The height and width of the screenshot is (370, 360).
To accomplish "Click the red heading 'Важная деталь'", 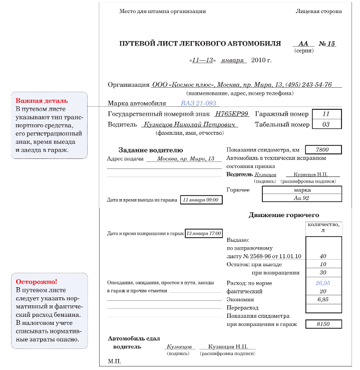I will pos(42,101).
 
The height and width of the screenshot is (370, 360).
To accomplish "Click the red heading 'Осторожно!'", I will pos(37,282).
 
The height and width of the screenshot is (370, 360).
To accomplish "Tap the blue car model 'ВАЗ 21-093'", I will pos(198,103).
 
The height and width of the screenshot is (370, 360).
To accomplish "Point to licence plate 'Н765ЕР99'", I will pos(228,114).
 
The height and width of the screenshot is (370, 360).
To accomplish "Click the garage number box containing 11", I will pos(326,114).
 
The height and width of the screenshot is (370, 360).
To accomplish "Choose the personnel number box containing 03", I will pos(326,124).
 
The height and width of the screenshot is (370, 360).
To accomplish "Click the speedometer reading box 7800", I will pos(323,150).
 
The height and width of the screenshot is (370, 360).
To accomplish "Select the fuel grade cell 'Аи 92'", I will pos(302,198).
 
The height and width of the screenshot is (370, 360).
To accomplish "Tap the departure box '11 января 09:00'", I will pos(201,200).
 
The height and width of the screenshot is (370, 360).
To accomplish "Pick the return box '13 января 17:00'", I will pos(203,234).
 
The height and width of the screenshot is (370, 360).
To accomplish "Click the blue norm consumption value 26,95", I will pos(323,283).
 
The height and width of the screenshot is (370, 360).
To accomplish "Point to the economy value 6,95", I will pos(323,299).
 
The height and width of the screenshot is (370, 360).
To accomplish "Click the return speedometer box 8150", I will pos(323,324).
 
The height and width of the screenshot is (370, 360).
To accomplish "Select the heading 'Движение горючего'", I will pos(283,215).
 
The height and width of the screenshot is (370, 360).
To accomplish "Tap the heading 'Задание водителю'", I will pos(150,150).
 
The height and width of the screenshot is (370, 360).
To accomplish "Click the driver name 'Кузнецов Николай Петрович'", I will pos(190,124).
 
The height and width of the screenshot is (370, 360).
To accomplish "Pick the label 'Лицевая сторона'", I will pos(318,11).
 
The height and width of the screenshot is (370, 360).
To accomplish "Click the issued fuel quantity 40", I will pos(323,256).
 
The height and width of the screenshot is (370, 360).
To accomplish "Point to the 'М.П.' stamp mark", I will pos(115,361).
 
